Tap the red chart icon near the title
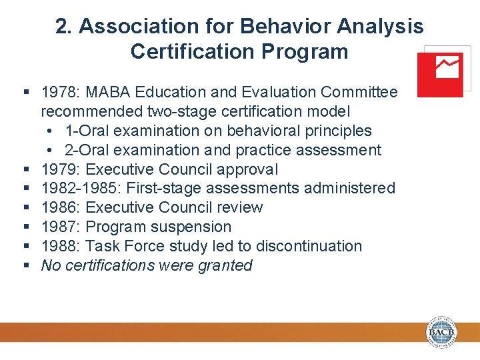(x=440, y=75)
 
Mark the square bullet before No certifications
(x=27, y=266)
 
